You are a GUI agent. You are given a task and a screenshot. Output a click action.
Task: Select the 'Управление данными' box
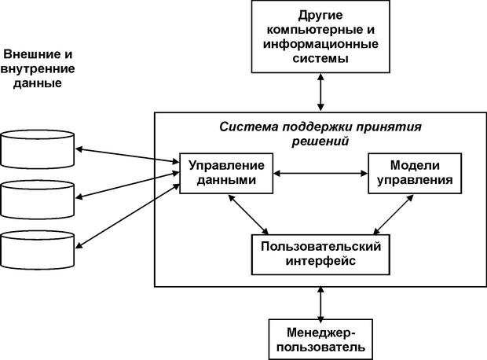pos(226,173)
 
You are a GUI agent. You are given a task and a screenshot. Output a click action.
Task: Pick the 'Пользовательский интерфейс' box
pos(321,253)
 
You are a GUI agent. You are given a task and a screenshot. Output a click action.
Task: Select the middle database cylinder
pos(38,198)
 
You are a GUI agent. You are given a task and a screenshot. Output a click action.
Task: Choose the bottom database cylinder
pos(38,248)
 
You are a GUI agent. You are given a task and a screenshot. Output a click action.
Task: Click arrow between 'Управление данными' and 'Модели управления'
pos(320,172)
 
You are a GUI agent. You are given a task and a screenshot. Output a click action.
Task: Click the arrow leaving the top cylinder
pos(127,153)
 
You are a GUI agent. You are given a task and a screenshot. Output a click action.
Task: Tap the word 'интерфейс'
pos(321,261)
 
